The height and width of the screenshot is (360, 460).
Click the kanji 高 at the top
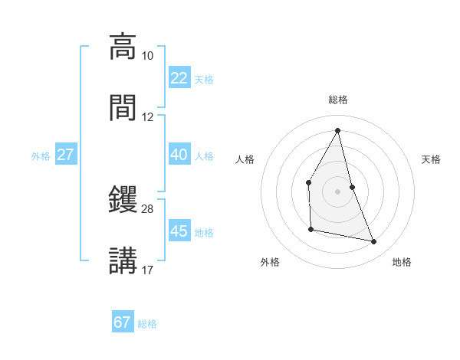point(123,47)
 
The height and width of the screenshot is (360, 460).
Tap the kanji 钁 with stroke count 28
point(123,200)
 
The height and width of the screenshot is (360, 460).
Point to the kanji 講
point(123,260)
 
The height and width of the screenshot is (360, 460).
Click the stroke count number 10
point(148,56)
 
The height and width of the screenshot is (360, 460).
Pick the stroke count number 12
point(148,117)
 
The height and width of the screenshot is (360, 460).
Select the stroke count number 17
point(148,270)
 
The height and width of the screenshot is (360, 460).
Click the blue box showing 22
point(179,78)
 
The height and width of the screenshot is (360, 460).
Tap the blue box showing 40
point(179,155)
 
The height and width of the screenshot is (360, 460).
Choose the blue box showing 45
point(179,231)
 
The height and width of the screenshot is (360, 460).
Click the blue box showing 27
point(66,155)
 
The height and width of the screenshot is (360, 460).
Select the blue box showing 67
point(123,322)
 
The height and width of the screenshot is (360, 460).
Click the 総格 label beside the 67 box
point(147,324)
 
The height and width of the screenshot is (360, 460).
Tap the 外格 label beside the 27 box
point(41,155)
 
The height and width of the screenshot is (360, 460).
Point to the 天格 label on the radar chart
point(432,159)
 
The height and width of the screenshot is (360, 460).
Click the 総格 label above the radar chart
point(338,100)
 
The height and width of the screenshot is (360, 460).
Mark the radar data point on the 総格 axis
point(338,130)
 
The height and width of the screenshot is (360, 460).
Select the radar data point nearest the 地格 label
point(374,242)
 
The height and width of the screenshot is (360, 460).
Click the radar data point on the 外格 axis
point(310,229)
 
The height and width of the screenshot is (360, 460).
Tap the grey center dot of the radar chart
point(338,191)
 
